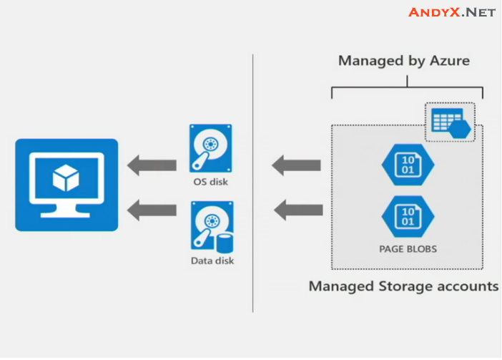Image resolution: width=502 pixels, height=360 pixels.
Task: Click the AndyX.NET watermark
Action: tap(451, 12)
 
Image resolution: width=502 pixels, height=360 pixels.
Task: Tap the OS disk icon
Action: tap(210, 149)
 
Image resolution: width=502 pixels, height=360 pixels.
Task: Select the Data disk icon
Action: tap(210, 225)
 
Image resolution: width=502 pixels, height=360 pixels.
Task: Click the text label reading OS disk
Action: tap(210, 183)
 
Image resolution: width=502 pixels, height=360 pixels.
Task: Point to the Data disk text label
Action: tap(212, 261)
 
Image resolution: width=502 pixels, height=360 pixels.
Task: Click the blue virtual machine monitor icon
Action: tap(66, 184)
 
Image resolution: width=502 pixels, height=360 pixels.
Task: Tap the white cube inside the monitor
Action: tap(66, 177)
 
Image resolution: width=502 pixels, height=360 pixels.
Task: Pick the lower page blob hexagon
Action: tap(408, 217)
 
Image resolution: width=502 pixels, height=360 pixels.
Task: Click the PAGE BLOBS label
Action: tap(408, 250)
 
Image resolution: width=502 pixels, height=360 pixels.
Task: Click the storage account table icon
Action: tap(449, 121)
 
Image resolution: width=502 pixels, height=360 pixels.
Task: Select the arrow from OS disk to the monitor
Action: tap(152, 166)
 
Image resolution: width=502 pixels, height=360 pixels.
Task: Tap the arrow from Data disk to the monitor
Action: tap(152, 210)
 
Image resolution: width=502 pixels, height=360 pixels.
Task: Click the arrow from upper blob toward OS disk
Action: tap(297, 166)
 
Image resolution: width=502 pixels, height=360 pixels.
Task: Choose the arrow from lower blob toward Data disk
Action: tap(297, 210)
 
